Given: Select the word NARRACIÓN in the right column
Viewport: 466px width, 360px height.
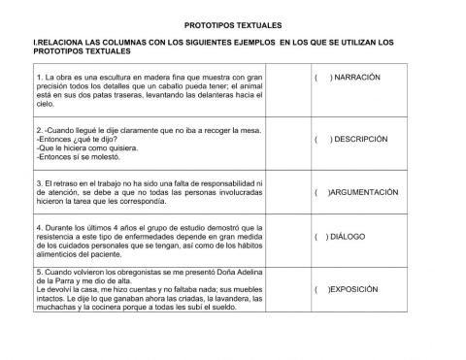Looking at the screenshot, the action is click(357, 77).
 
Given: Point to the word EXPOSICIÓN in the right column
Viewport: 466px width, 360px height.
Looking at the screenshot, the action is click(360, 289).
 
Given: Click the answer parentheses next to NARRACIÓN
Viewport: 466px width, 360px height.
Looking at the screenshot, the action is click(323, 77).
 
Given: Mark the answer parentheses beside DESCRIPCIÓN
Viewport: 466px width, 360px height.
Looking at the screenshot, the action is click(323, 139).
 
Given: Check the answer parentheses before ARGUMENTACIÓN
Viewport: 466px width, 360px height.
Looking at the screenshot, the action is click(322, 192).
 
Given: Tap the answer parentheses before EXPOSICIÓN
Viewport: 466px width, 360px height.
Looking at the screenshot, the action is click(321, 289).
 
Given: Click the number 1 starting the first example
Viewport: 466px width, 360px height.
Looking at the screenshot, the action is click(37, 75).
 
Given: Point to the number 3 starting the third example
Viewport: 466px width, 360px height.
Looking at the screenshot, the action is click(37, 181).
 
